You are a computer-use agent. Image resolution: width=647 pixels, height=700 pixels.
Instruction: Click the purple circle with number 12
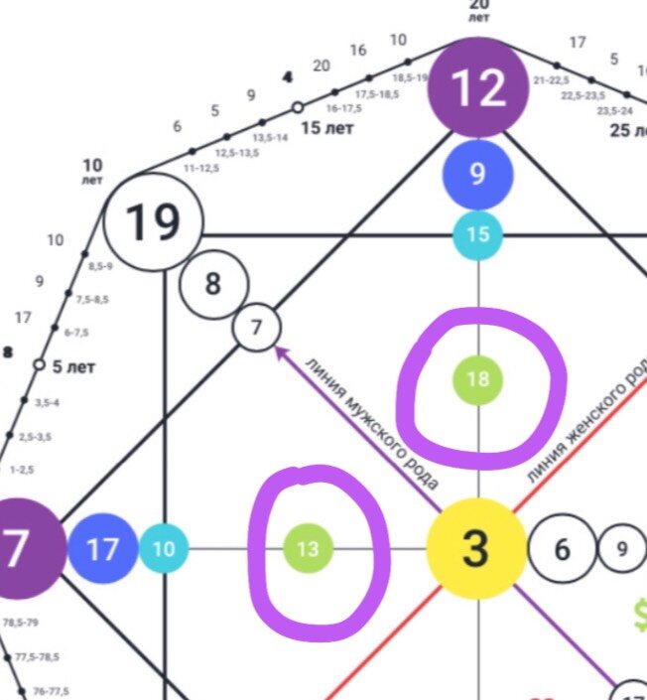click(478, 90)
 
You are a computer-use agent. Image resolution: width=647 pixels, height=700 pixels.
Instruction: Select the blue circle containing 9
click(477, 175)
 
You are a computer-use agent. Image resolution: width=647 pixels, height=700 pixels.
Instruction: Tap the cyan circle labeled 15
click(477, 234)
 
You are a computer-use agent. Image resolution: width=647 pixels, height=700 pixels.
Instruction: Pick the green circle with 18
click(477, 379)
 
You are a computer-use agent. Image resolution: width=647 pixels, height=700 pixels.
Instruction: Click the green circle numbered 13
click(308, 549)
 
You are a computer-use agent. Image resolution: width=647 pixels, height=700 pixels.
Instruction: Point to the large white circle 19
click(154, 223)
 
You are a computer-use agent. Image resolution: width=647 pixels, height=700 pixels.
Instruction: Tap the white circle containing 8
click(212, 284)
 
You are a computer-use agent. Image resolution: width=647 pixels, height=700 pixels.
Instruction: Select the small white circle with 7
click(257, 328)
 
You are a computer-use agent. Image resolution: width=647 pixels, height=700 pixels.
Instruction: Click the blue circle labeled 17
click(102, 549)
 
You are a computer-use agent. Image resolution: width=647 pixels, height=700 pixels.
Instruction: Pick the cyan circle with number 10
click(164, 549)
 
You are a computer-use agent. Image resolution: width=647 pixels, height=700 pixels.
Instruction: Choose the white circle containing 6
click(562, 549)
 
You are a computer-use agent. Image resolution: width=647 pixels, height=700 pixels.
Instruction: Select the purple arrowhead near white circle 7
click(281, 350)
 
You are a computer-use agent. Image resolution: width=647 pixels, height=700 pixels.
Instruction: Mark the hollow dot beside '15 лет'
click(296, 106)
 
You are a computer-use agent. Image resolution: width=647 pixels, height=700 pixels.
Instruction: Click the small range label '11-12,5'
click(202, 169)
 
